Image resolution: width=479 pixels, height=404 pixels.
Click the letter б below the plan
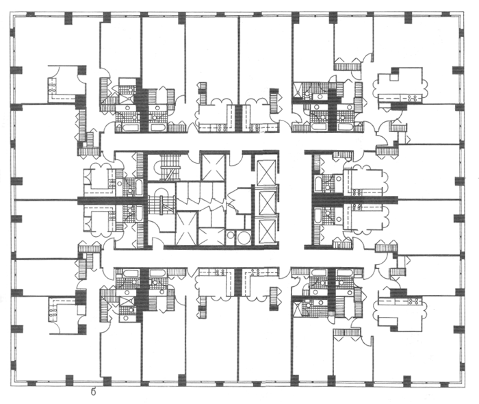93,392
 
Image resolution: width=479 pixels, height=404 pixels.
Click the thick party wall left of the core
109,199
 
